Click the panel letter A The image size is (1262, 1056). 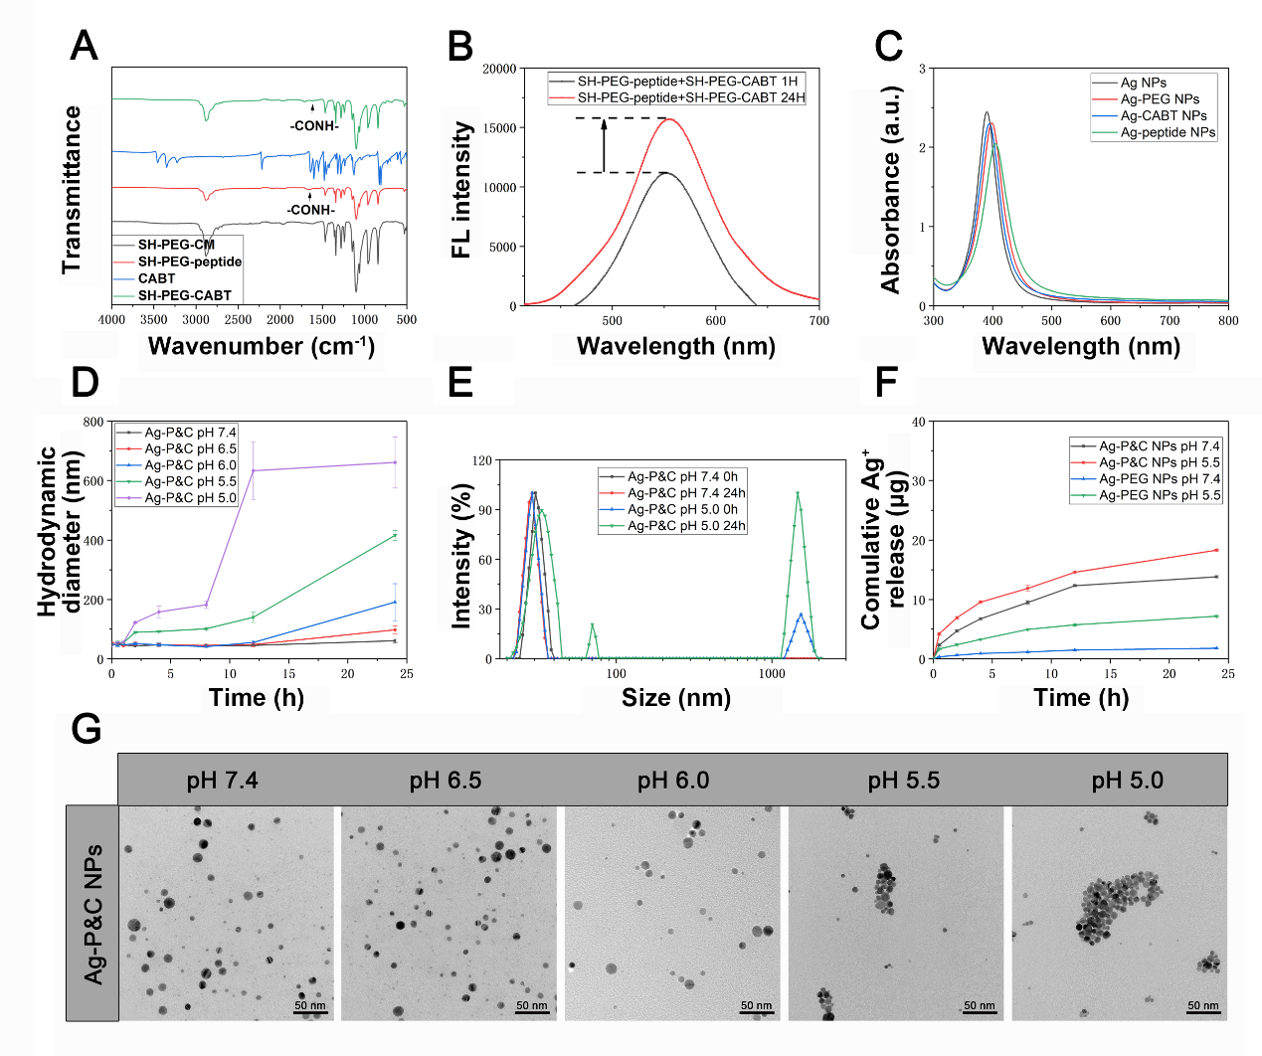click(85, 47)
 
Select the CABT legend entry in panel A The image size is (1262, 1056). click(156, 278)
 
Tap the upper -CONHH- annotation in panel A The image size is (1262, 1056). click(314, 126)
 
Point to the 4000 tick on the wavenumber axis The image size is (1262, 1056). click(111, 320)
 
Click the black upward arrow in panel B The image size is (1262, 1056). click(604, 145)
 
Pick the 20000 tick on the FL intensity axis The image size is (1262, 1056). click(499, 69)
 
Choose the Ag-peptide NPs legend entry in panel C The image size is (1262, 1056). click(1168, 132)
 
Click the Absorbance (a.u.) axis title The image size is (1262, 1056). click(890, 189)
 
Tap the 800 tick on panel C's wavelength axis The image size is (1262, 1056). click(1228, 321)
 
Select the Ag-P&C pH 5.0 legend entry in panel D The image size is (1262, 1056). click(190, 497)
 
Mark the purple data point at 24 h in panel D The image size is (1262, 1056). click(395, 462)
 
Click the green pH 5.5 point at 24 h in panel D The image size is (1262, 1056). click(395, 535)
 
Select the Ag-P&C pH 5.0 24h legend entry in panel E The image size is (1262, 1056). click(686, 525)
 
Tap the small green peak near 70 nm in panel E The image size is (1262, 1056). click(593, 626)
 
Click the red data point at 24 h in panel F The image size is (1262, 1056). click(1216, 550)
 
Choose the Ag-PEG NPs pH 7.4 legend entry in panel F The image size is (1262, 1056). click(1159, 478)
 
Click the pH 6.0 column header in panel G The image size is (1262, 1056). click(673, 781)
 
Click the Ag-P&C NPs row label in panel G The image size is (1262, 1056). click(92, 914)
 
